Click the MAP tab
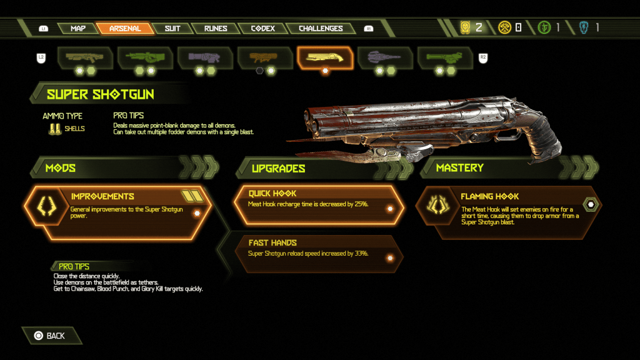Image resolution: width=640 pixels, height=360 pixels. (x=78, y=28)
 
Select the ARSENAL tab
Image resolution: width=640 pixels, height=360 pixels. (x=125, y=28)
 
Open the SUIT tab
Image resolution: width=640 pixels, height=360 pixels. (x=172, y=28)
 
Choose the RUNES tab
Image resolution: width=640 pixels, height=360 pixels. (x=216, y=28)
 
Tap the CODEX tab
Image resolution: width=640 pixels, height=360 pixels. (x=263, y=28)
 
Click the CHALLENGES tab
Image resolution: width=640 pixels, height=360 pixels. (x=321, y=28)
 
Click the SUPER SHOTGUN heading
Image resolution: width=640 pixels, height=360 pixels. (x=101, y=94)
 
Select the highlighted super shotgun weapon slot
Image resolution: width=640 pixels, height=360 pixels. (x=325, y=58)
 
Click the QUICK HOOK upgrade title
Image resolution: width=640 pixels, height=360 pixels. (x=272, y=193)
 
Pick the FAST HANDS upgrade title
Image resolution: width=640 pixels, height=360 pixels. (x=272, y=242)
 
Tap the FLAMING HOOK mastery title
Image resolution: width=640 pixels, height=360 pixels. (x=490, y=196)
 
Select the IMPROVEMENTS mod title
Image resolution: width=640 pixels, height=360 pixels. (x=102, y=196)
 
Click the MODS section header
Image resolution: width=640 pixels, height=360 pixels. (x=61, y=167)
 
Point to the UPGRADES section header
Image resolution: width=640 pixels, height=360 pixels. (x=278, y=168)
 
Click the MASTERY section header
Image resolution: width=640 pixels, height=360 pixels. (x=459, y=167)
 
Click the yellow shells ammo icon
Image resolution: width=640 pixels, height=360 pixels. (x=54, y=129)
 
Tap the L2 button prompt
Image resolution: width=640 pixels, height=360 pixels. (x=41, y=57)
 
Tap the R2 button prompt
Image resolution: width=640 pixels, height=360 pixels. (x=482, y=57)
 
